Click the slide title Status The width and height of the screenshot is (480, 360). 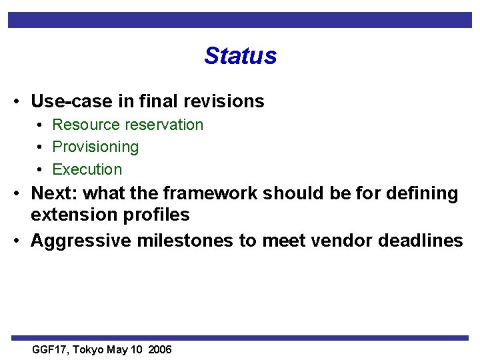coord(240,55)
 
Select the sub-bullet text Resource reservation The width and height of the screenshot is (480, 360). coord(127,125)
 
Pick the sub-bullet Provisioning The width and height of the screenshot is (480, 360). coord(95,147)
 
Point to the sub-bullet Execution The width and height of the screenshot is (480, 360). coord(87,169)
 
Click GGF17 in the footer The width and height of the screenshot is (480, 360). coord(51,350)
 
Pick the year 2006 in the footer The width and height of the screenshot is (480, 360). coord(160,350)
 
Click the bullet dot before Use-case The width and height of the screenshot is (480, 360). coord(15,102)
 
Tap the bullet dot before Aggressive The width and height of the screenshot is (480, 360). coord(15,241)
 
